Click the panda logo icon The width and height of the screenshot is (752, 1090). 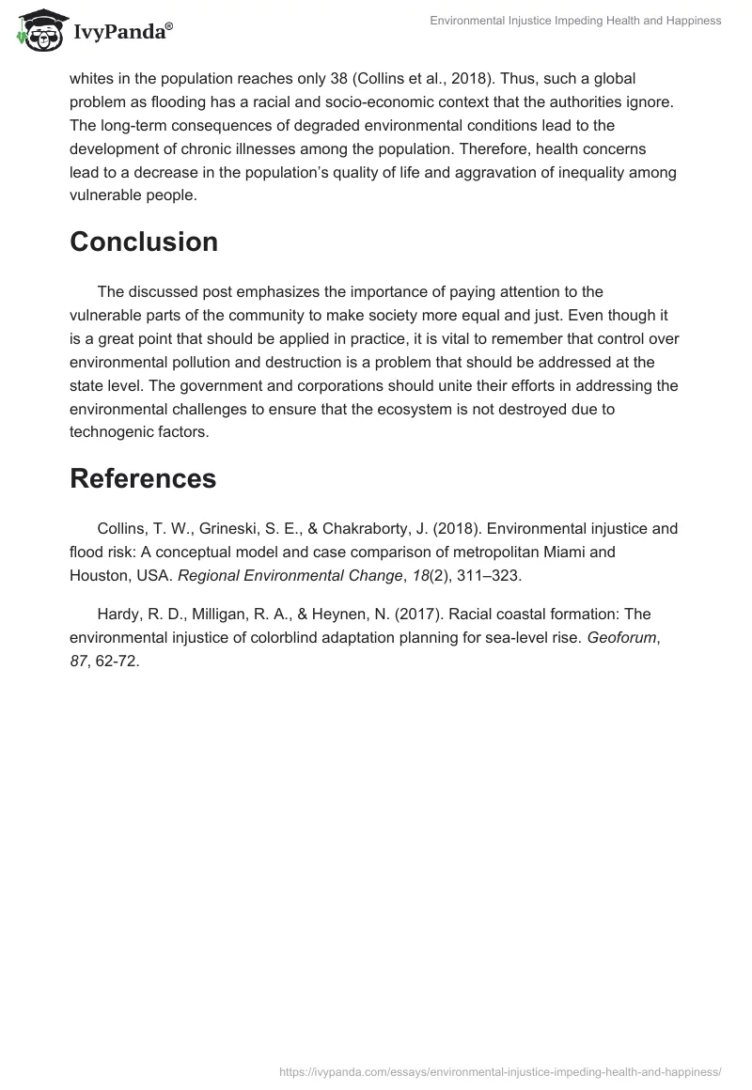(x=35, y=31)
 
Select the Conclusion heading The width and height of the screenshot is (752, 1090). (x=144, y=241)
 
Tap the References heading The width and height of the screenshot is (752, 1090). (x=143, y=478)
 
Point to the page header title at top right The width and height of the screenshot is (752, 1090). (x=575, y=21)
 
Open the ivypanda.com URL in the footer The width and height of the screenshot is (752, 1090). (x=500, y=1071)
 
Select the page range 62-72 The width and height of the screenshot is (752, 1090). (x=119, y=661)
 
